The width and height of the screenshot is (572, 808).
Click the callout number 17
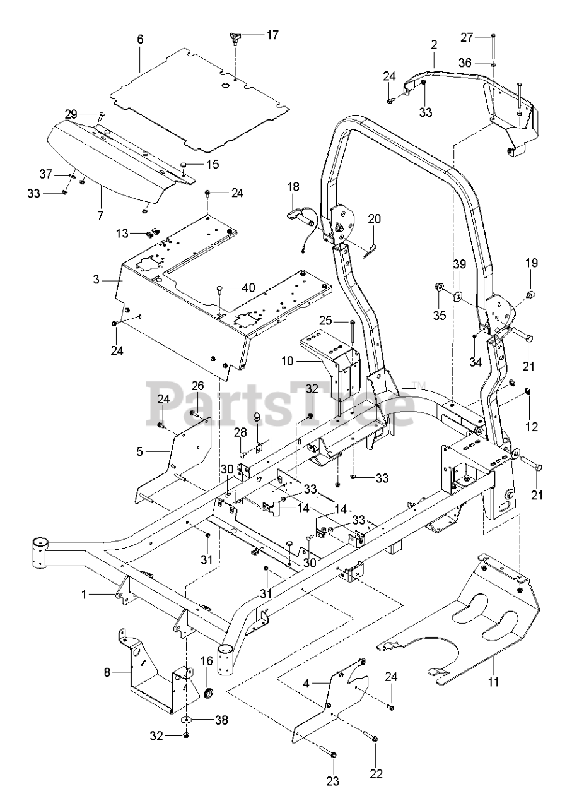272,35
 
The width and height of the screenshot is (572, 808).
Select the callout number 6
140,39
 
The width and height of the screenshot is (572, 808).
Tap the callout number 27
467,37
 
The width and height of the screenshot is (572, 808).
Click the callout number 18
293,187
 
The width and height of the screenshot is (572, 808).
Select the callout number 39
460,264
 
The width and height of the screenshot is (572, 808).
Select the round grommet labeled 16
209,693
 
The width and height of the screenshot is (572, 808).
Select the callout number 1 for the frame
85,595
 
